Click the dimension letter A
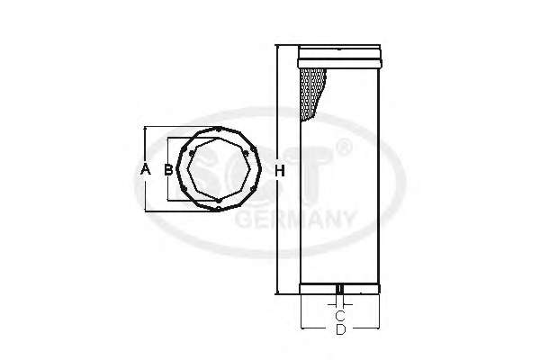[x=146, y=169]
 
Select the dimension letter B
[x=168, y=169]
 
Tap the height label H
[x=280, y=170]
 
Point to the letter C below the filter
[x=340, y=315]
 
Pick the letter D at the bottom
[x=340, y=329]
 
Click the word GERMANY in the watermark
[x=295, y=220]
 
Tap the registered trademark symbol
[x=344, y=147]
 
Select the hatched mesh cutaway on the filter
[x=312, y=94]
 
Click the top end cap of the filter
[x=339, y=57]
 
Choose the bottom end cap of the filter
[x=339, y=289]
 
